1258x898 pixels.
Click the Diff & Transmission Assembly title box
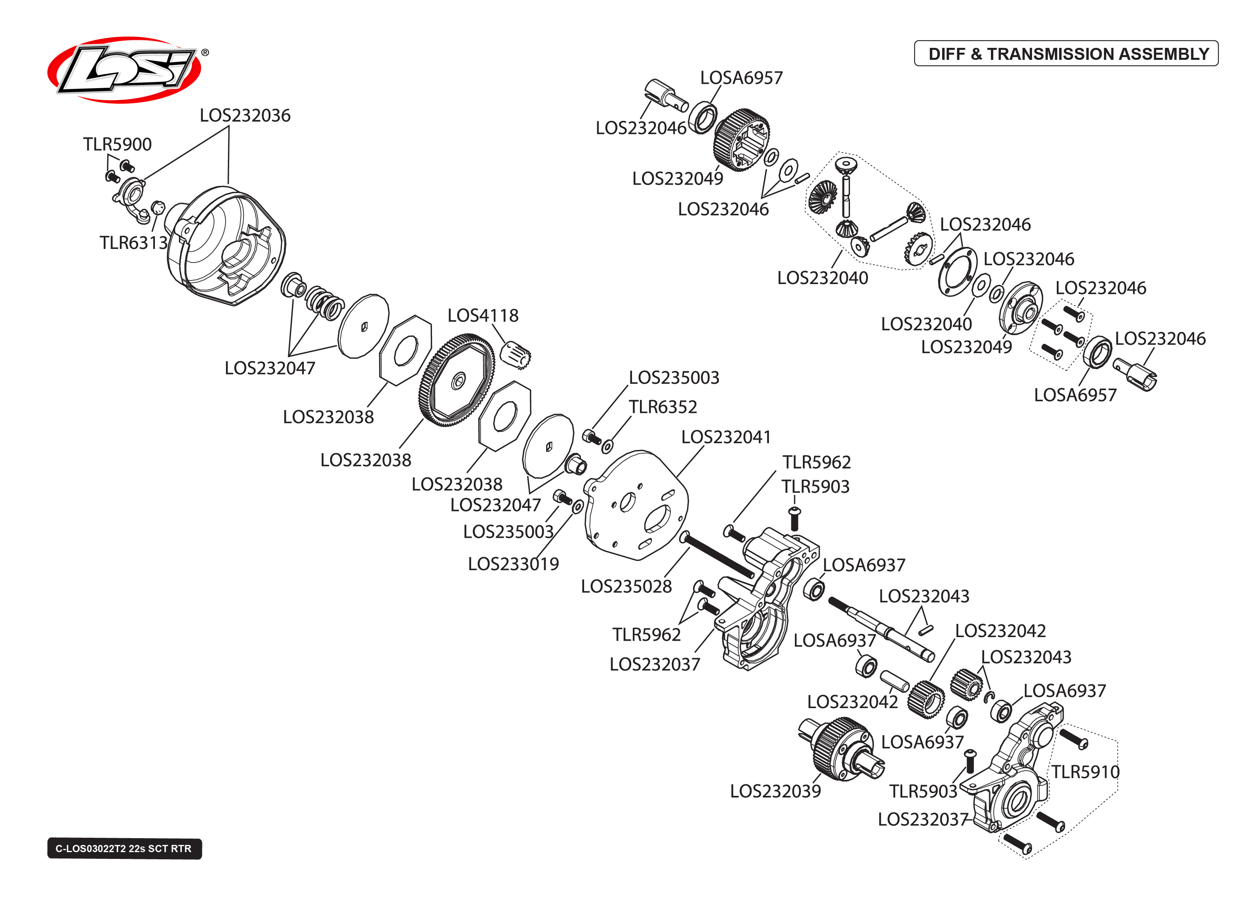(x=1066, y=53)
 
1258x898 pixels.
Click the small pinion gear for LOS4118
(x=515, y=354)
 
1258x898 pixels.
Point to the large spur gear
(x=457, y=381)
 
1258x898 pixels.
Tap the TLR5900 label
(x=117, y=144)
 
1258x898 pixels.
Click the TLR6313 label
(x=133, y=243)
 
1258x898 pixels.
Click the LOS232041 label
(x=725, y=437)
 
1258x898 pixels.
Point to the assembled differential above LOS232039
(x=841, y=749)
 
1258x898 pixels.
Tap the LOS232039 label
(x=775, y=791)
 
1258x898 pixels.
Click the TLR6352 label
(x=663, y=407)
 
